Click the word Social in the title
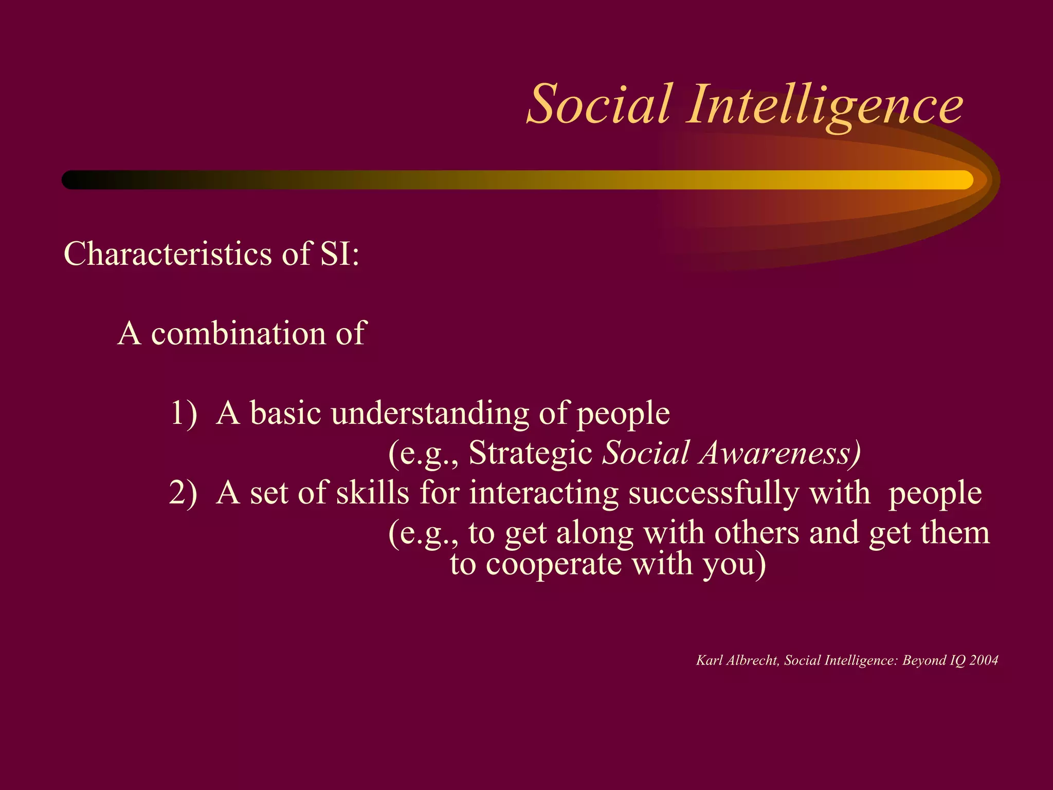pos(599,105)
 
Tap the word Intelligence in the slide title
pos(825,105)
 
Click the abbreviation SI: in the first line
pos(339,254)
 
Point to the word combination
pos(239,333)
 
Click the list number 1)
pos(184,413)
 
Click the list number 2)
pos(184,493)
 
